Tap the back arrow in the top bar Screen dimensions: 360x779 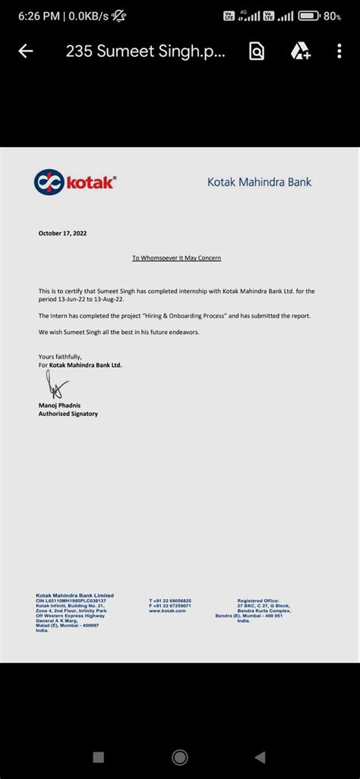click(25, 52)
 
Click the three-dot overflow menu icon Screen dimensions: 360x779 click(339, 52)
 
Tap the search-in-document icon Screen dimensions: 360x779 click(257, 52)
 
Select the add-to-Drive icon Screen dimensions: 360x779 click(300, 52)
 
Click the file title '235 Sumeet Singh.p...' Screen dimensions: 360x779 click(145, 52)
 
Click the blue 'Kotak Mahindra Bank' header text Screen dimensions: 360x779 click(259, 182)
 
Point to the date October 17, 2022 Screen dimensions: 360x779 click(62, 233)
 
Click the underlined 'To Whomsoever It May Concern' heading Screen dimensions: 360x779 click(176, 258)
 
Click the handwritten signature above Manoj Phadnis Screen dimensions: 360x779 click(54, 388)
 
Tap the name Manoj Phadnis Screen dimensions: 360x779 click(59, 405)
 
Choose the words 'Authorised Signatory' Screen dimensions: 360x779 click(68, 414)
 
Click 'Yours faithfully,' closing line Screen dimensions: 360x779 click(60, 356)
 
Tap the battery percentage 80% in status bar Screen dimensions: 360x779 click(332, 16)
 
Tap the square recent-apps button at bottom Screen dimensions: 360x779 click(98, 757)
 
